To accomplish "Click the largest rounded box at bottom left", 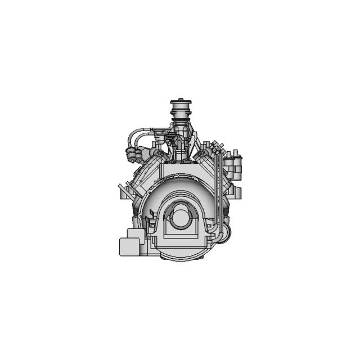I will coord(131,246).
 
